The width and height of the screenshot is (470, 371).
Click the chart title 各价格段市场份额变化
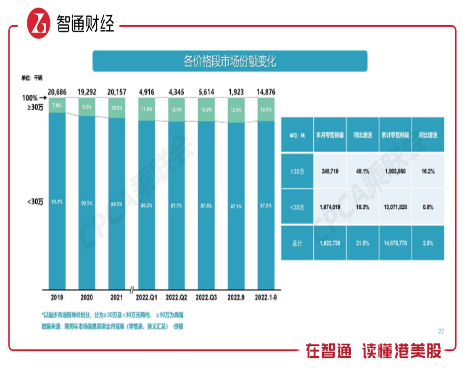(230, 61)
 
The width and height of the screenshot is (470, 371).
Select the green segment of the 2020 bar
(87, 107)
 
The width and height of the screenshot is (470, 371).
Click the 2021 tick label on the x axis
(116, 297)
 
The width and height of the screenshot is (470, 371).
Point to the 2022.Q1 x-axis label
(147, 297)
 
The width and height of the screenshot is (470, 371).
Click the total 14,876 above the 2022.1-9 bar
(265, 92)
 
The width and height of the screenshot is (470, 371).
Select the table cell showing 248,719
(330, 171)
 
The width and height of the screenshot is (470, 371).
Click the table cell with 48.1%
(362, 171)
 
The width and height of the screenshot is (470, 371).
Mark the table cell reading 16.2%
(428, 171)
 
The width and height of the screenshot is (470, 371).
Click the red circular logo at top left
(39, 24)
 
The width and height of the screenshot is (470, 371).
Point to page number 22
(441, 331)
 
